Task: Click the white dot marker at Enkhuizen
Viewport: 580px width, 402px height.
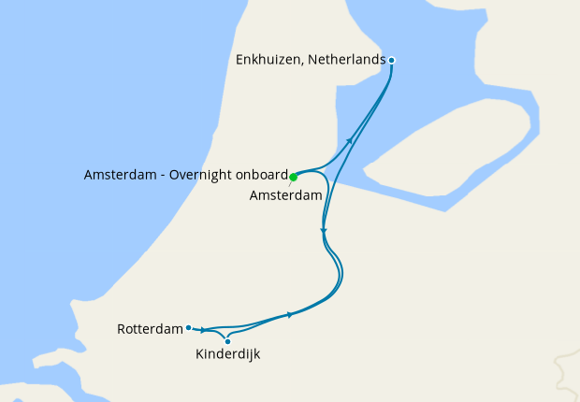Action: tap(392, 60)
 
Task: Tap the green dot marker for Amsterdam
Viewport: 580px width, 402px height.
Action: tap(293, 176)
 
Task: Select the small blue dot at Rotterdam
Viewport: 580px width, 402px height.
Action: tap(189, 327)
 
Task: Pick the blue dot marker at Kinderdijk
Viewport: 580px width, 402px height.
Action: tap(227, 341)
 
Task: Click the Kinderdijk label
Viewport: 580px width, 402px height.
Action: tap(227, 355)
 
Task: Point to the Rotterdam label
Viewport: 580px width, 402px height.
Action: tap(149, 329)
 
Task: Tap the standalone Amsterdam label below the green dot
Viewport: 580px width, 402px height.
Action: tap(286, 195)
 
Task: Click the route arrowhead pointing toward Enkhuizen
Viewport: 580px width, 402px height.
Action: tap(351, 140)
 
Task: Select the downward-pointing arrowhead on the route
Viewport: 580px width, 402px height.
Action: tap(323, 230)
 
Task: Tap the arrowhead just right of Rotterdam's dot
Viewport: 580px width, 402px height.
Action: tap(203, 330)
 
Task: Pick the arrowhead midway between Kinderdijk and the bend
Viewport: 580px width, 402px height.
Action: tap(291, 314)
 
